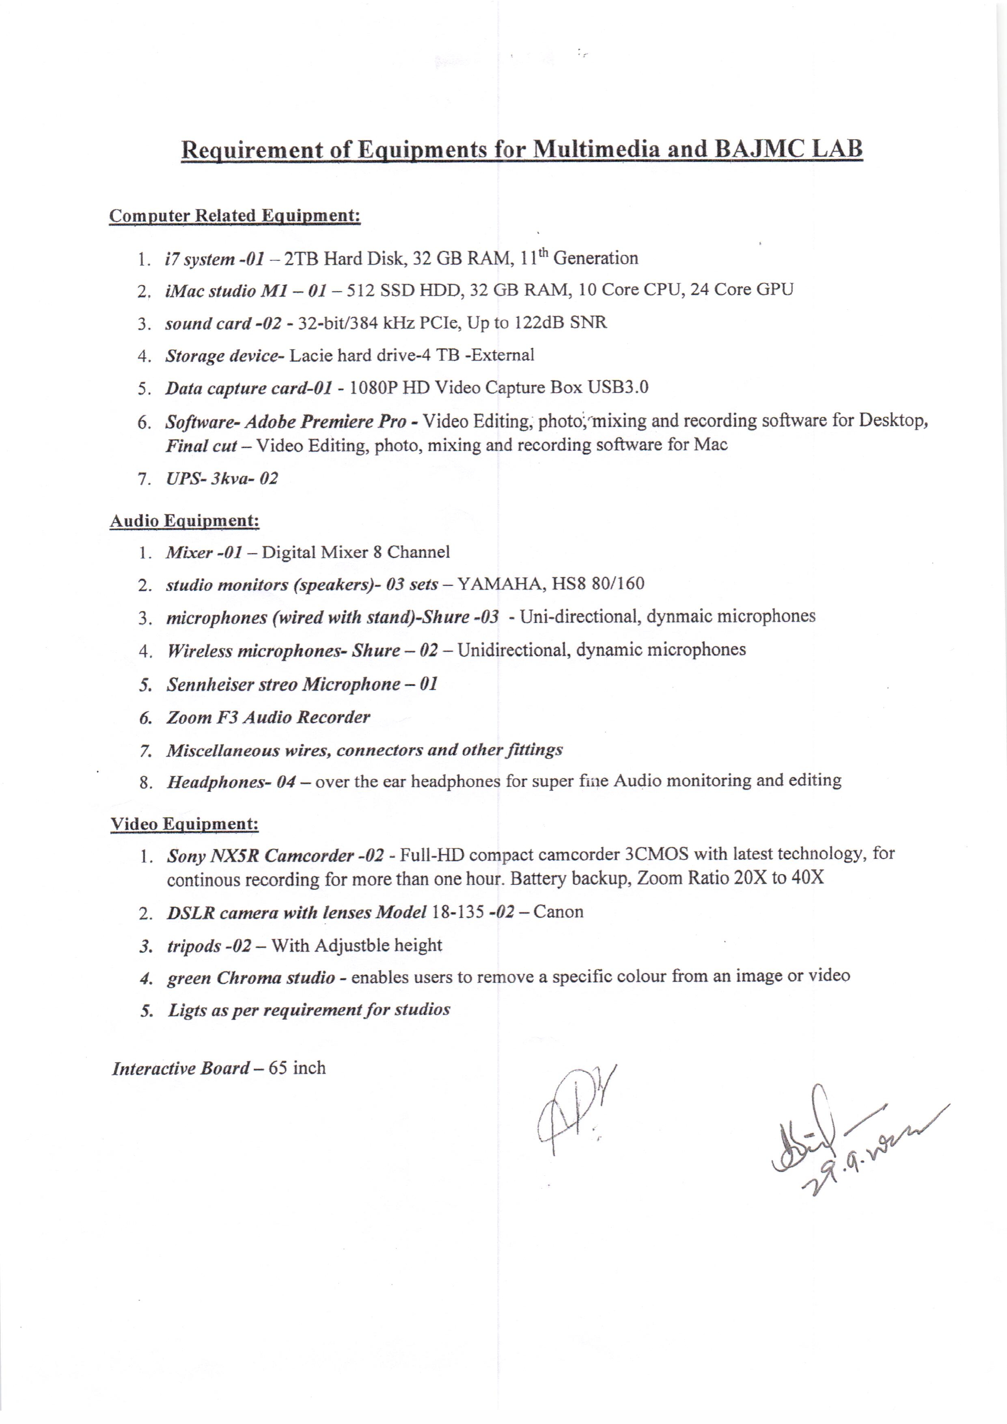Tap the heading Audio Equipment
click(184, 521)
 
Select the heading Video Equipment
click(184, 824)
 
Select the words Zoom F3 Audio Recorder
click(268, 717)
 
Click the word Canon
click(558, 912)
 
